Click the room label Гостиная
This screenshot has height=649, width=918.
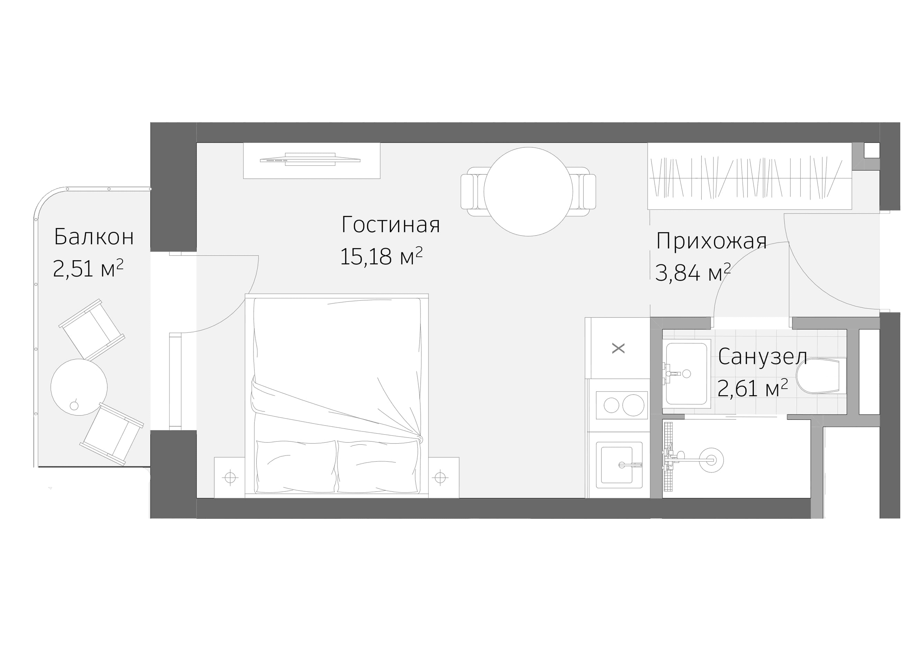click(x=391, y=225)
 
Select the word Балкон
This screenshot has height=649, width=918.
click(x=94, y=237)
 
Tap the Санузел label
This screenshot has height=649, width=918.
click(x=762, y=357)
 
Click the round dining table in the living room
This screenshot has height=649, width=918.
click(x=528, y=192)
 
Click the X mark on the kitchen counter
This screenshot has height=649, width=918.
click(x=618, y=348)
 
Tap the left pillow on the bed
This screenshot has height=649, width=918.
click(x=296, y=466)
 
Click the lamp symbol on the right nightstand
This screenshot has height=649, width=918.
click(x=440, y=478)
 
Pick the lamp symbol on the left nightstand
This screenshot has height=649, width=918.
click(x=230, y=478)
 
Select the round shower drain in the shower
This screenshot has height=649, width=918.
click(x=711, y=460)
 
